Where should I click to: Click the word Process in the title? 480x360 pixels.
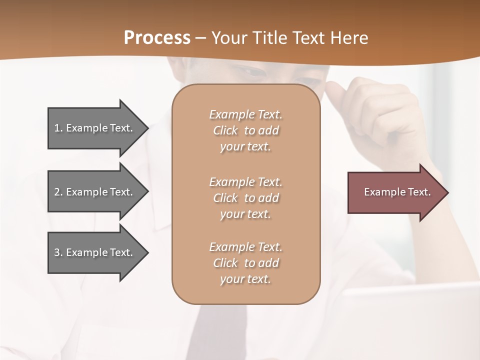tap(157, 37)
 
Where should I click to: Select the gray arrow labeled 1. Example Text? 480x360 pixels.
tap(95, 128)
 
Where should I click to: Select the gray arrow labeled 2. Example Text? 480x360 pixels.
tap(95, 192)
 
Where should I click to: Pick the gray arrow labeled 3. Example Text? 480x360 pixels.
tap(95, 252)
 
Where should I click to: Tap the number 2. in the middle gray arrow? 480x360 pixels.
tap(58, 192)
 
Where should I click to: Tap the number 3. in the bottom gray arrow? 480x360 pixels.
tap(58, 252)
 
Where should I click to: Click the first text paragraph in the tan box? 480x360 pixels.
tap(246, 130)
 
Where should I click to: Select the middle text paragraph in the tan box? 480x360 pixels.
tap(246, 198)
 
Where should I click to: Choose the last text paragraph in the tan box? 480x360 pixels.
tap(246, 263)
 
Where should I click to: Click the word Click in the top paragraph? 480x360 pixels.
tap(225, 130)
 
